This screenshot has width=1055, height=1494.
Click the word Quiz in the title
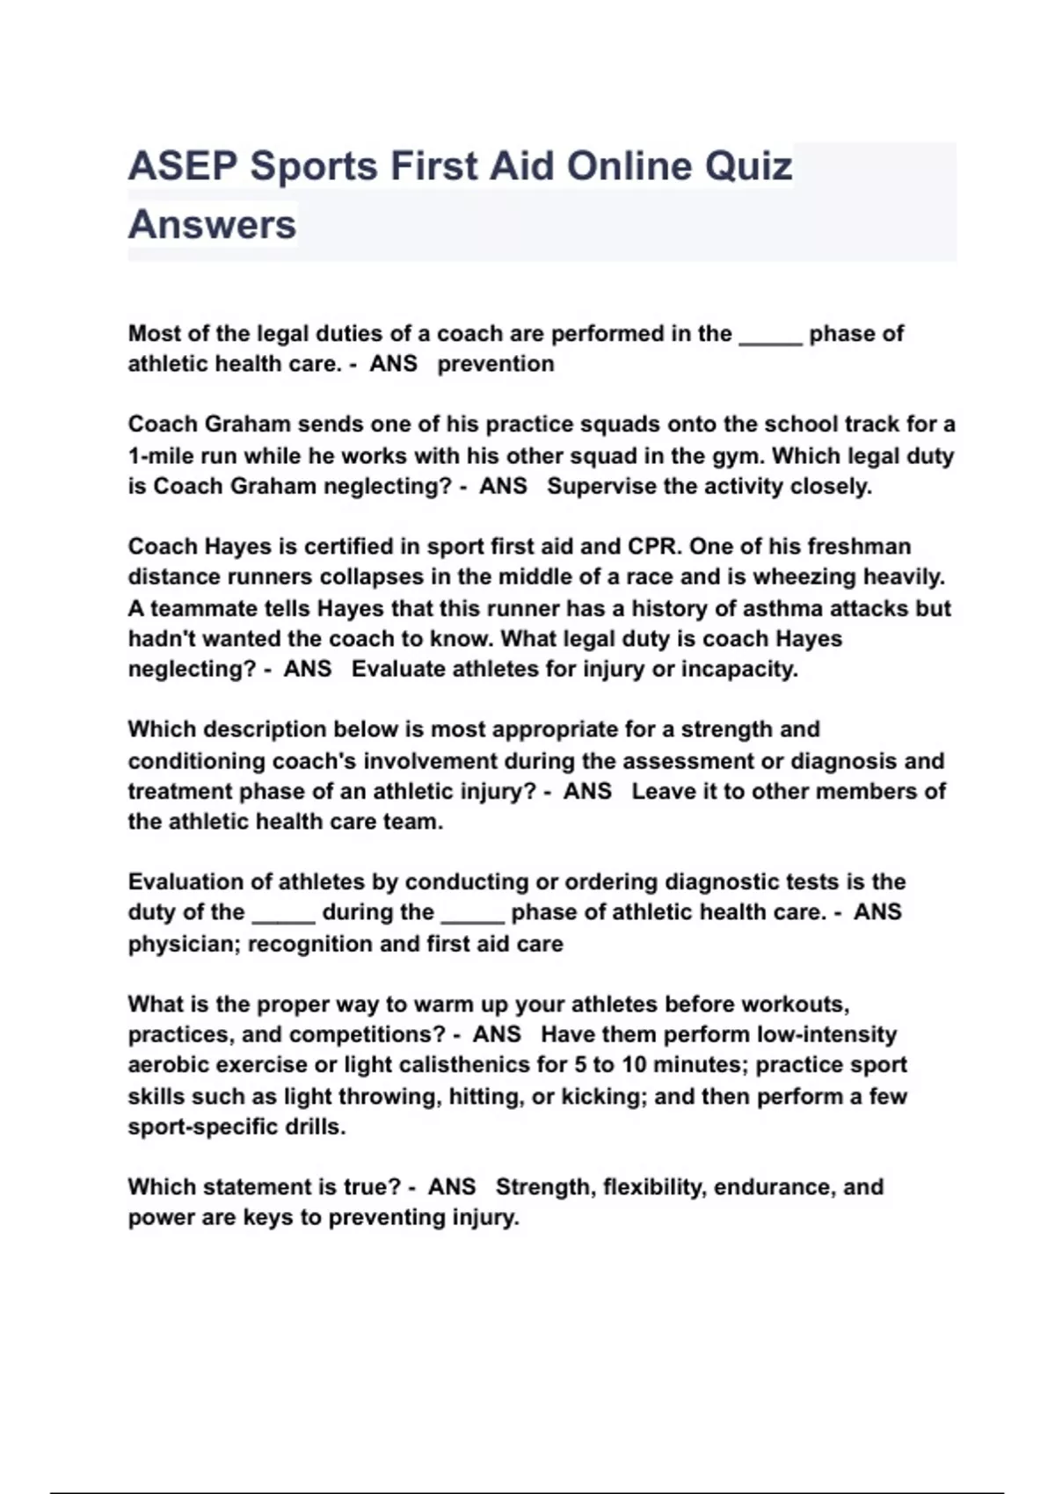[x=749, y=167]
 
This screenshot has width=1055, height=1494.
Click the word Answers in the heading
[x=213, y=225]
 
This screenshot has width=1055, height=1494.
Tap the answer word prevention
[x=496, y=364]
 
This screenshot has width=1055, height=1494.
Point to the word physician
[x=183, y=944]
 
